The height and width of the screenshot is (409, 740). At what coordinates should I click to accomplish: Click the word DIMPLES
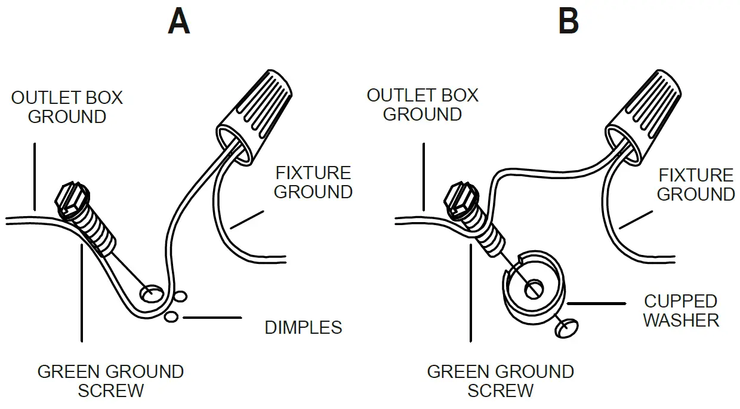[x=303, y=327]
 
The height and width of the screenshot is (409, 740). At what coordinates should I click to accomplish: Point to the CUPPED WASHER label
[x=680, y=310]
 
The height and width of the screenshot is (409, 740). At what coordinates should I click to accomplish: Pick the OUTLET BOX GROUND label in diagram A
[x=67, y=107]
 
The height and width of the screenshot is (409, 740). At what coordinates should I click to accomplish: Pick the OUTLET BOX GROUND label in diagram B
[x=423, y=104]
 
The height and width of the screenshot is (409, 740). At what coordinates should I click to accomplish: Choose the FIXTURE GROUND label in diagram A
[x=313, y=182]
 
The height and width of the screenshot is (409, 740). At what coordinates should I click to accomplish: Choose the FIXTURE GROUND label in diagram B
[x=696, y=184]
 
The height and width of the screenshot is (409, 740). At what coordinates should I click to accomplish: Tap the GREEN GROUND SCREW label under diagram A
[x=110, y=381]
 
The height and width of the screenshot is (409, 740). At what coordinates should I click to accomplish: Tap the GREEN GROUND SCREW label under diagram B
[x=500, y=381]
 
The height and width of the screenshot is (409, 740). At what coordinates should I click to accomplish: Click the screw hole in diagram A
[x=152, y=293]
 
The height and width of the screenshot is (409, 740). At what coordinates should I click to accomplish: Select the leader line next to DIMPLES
[x=212, y=318]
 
